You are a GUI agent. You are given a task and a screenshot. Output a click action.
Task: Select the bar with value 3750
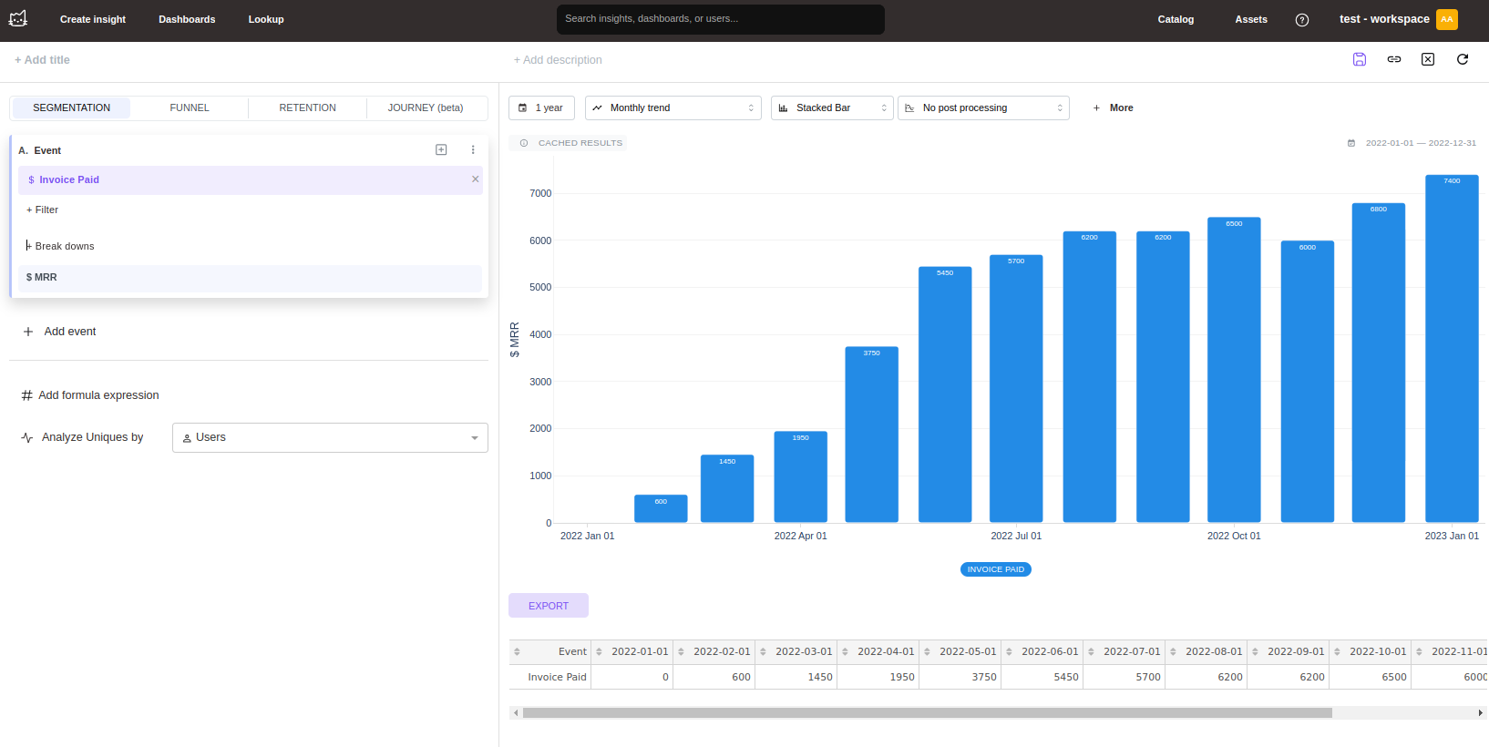click(871, 435)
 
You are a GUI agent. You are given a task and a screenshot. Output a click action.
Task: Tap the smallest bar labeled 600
click(661, 508)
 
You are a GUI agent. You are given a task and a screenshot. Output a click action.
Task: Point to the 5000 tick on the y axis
click(540, 287)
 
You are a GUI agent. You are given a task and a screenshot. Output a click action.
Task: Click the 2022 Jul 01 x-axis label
click(1016, 536)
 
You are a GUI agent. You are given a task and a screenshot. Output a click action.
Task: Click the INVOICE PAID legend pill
click(996, 569)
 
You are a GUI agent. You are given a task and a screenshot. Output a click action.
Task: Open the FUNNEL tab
click(190, 107)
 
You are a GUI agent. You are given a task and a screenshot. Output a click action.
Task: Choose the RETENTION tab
click(307, 107)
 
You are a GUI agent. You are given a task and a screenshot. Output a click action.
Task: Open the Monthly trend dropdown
click(673, 107)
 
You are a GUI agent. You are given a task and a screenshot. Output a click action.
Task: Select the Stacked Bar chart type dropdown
click(832, 107)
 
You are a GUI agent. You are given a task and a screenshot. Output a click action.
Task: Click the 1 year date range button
click(541, 107)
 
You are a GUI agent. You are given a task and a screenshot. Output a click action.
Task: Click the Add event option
click(69, 332)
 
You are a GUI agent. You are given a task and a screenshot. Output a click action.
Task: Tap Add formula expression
click(98, 395)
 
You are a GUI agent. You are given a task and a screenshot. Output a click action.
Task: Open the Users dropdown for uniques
click(330, 437)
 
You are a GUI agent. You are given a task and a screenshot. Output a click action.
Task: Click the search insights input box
click(720, 19)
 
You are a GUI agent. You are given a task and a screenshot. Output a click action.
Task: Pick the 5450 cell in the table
click(1065, 677)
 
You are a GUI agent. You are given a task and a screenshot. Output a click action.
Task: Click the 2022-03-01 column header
click(803, 651)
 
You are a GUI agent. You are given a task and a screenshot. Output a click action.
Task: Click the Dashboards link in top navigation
click(187, 19)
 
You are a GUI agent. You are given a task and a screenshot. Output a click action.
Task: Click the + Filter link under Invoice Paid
click(43, 210)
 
